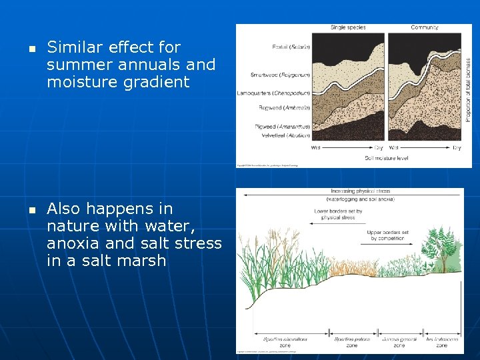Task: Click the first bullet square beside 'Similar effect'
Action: point(31,49)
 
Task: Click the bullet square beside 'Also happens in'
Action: point(31,210)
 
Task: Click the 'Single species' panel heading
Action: point(347,27)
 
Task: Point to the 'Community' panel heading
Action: point(424,27)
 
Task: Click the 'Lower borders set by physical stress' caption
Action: point(338,214)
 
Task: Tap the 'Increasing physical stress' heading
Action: point(351,191)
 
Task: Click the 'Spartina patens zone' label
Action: point(352,342)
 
